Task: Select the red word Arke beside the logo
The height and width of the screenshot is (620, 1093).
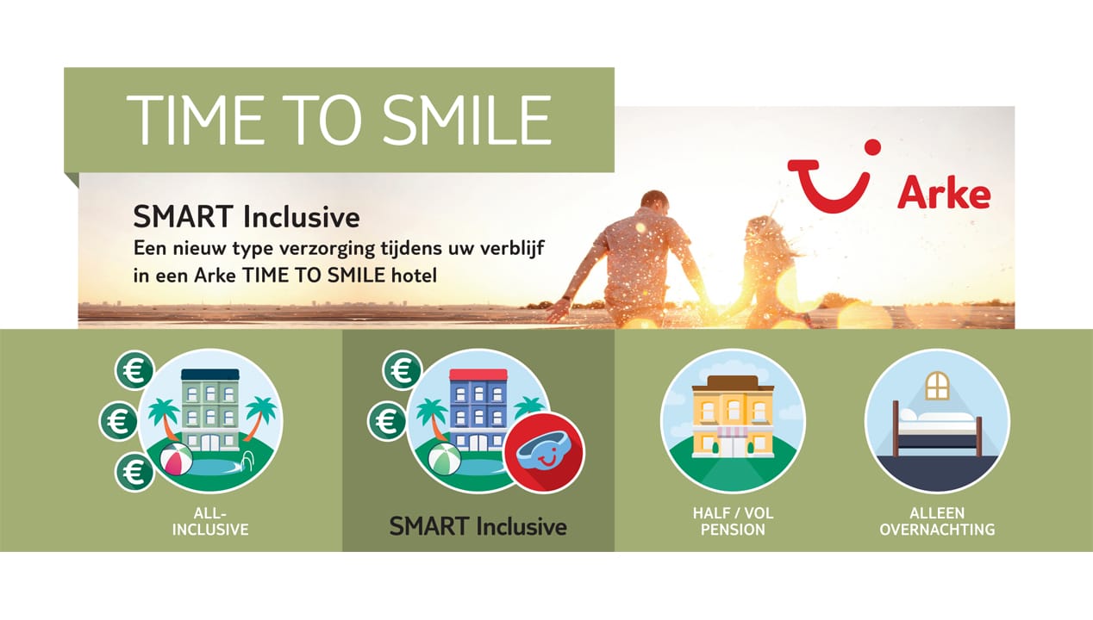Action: click(943, 194)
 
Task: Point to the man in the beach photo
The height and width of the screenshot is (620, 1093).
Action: click(641, 254)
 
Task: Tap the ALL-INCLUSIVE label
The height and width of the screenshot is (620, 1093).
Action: click(210, 522)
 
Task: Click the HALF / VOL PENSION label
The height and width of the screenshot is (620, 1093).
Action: click(733, 522)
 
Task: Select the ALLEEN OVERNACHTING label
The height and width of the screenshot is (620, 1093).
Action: click(937, 522)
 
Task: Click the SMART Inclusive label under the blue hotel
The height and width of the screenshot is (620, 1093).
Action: click(478, 526)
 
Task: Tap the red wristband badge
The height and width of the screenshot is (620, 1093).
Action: click(544, 453)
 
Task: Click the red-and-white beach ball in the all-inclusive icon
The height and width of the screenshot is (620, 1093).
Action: click(176, 458)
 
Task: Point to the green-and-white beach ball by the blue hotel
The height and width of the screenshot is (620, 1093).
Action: click(444, 458)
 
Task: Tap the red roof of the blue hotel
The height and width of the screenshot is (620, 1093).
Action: click(478, 375)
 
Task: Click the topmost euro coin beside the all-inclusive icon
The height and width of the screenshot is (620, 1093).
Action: click(134, 370)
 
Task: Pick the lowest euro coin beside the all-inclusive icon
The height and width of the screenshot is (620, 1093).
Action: click(134, 472)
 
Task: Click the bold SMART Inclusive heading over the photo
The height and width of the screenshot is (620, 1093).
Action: click(246, 215)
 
